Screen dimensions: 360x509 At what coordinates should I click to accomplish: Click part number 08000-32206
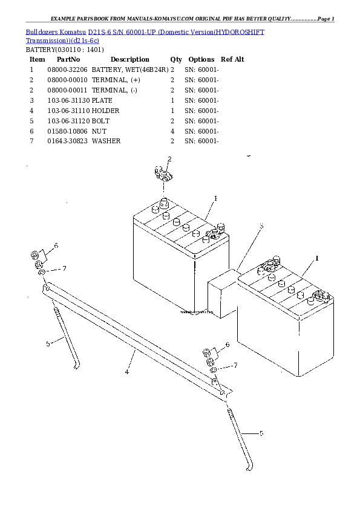67,70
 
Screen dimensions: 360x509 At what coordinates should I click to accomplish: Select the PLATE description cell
102,100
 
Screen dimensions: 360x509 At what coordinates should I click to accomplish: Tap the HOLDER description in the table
105,111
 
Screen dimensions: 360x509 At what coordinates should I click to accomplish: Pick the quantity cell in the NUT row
172,131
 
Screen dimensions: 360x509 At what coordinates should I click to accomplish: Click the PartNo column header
68,59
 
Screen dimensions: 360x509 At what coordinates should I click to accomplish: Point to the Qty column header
176,59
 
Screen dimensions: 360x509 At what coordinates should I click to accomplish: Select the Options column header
201,59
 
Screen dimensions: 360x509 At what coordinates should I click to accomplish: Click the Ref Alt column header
232,59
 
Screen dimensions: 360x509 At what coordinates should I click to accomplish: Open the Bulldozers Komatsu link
56,32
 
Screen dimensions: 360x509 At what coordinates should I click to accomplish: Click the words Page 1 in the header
326,19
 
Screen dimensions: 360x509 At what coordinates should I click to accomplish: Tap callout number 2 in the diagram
169,159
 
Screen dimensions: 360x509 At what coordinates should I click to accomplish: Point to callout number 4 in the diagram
126,372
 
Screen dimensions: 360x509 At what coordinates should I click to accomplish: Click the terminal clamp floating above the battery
163,173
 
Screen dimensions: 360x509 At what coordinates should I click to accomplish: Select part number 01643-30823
67,141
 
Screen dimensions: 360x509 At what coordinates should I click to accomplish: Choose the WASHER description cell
106,141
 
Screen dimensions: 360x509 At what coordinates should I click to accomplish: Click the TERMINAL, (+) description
116,80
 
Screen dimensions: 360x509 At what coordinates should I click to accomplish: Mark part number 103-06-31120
68,121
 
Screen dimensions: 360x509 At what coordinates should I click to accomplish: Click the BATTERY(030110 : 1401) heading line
65,50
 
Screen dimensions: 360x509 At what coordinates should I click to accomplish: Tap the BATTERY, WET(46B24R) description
130,70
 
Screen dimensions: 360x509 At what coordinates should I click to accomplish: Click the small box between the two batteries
223,293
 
